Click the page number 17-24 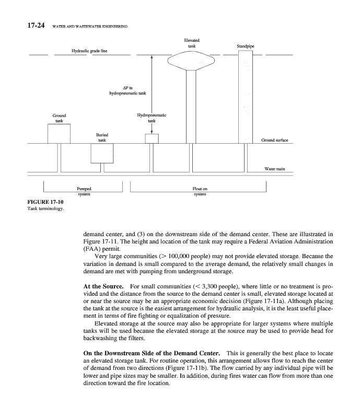point(26,25)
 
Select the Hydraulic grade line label point(93,51)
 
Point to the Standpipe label point(245,46)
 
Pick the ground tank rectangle point(59,133)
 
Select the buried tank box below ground point(102,153)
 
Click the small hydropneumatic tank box point(152,138)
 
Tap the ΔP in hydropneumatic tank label point(127,90)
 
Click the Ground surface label point(274,140)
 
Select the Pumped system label point(84,191)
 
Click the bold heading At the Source point(103,287)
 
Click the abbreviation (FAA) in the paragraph point(91,249)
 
